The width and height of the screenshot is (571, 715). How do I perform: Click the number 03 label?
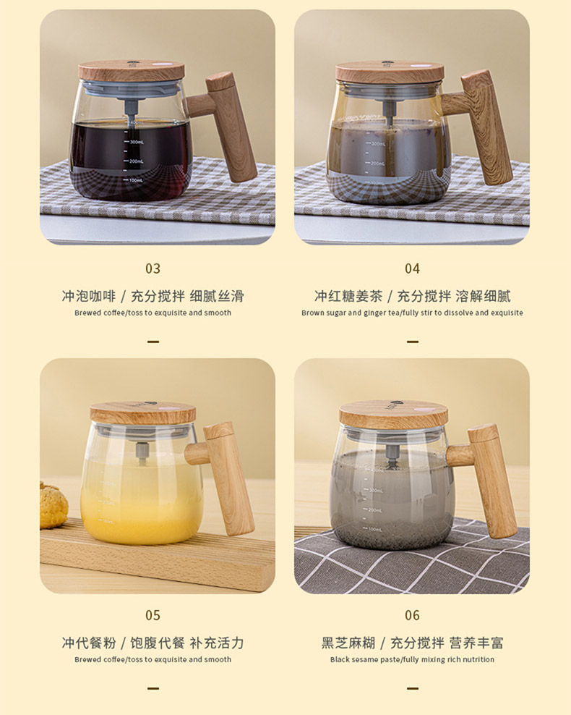[153, 268]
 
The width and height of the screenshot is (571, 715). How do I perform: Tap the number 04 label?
[412, 268]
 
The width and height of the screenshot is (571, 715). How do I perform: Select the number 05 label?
[153, 615]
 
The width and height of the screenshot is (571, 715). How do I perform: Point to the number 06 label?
[412, 615]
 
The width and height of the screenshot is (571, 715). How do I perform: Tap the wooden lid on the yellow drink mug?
[142, 413]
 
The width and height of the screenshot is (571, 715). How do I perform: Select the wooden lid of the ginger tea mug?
[390, 72]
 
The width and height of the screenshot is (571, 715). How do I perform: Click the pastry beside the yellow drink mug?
[53, 504]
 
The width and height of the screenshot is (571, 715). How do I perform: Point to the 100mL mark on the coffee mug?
[134, 179]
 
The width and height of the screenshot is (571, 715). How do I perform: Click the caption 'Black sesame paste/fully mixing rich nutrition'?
[412, 659]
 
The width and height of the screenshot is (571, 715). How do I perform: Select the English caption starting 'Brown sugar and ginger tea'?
[412, 313]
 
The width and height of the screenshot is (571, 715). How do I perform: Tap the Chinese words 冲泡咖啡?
[88, 296]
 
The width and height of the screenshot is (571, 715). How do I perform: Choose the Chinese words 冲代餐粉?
[88, 643]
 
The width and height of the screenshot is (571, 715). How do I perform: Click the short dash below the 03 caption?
[153, 341]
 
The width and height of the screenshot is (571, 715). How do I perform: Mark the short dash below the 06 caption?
[412, 687]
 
